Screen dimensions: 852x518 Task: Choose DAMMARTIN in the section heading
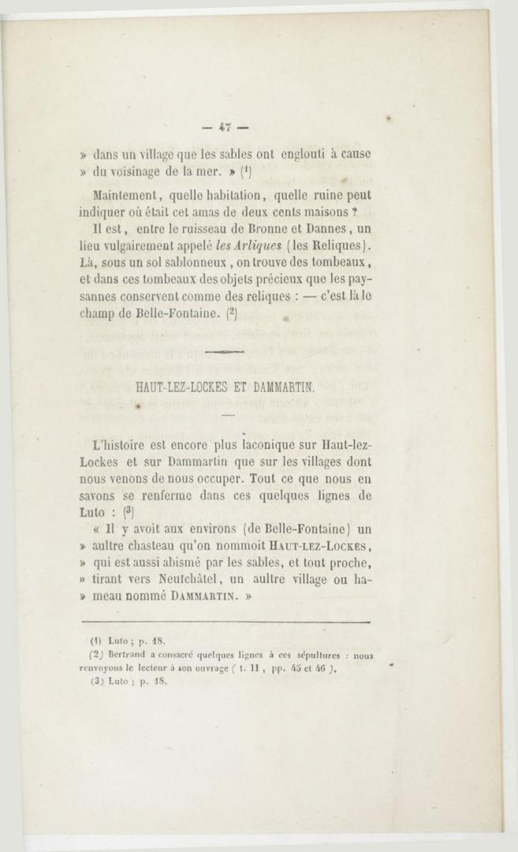point(282,387)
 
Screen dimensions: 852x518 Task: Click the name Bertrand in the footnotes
point(125,655)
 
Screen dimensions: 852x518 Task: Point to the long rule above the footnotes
point(225,622)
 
